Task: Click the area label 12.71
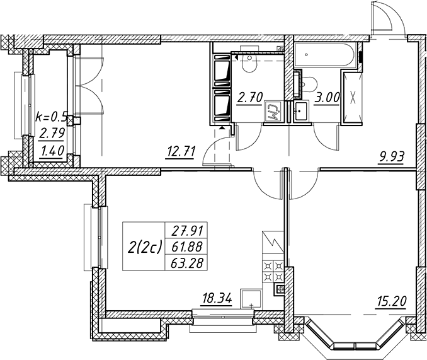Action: coord(181,152)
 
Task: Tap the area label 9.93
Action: coord(390,157)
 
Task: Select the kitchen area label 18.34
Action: coord(217,299)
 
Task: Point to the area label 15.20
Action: coord(391,301)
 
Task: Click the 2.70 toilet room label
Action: coord(250,97)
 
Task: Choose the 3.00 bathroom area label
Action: coord(327,97)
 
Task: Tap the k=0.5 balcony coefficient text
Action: coord(51,117)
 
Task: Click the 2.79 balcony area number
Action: coord(52,134)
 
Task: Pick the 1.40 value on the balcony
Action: coord(52,149)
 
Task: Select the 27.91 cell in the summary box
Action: coord(187,231)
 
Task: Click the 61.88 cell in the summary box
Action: coord(187,247)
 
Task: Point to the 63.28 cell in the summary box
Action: coord(187,264)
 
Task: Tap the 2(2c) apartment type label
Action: coord(145,247)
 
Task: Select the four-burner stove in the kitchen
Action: coord(273,271)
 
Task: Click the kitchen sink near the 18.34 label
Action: coord(251,299)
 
